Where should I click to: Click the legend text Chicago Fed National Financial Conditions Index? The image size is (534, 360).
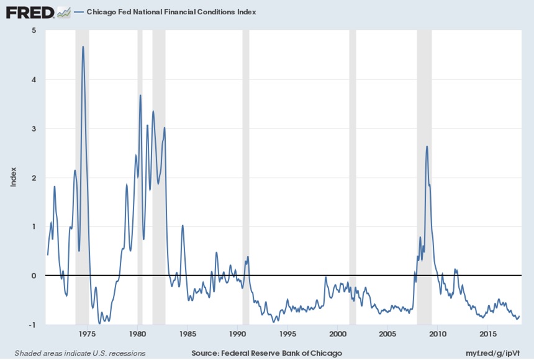[171, 12]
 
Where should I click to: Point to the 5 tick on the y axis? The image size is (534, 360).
[34, 30]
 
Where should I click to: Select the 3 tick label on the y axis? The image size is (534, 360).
[34, 128]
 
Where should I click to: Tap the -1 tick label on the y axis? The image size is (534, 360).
[32, 325]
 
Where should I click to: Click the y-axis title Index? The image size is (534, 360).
[13, 178]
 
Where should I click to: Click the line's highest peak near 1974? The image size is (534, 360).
[83, 47]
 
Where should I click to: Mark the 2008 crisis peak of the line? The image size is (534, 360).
[427, 146]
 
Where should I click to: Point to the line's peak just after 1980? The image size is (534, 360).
[140, 95]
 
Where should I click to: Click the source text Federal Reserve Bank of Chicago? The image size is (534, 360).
[267, 353]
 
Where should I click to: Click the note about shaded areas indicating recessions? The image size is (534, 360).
[80, 353]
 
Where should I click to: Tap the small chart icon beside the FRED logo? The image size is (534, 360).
[63, 12]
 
